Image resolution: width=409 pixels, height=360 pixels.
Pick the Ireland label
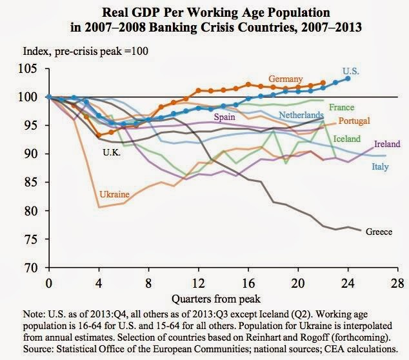387,144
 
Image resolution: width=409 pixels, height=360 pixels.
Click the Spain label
215,117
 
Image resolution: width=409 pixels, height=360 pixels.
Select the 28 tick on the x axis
399,283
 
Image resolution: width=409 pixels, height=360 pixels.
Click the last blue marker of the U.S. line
348,78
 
